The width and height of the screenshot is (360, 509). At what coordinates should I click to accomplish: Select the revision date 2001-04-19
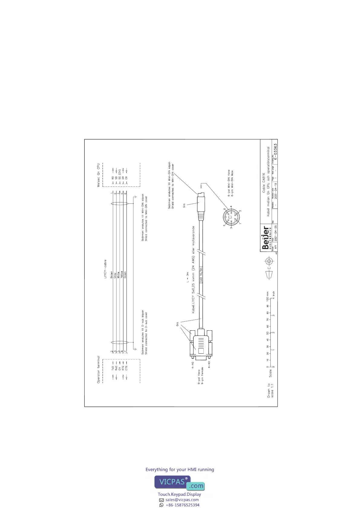click(275, 189)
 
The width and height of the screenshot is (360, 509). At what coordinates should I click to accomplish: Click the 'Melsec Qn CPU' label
click(98, 175)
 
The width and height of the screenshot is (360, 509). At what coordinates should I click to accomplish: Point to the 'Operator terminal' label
click(98, 369)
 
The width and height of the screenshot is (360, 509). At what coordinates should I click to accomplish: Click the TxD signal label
click(113, 368)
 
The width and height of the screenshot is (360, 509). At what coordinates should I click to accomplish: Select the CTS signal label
click(126, 368)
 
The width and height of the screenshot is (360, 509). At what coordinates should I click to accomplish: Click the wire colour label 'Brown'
click(112, 275)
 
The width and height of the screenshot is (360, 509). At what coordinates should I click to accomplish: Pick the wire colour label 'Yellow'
click(122, 275)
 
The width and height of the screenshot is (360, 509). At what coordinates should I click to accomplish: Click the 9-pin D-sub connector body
click(200, 345)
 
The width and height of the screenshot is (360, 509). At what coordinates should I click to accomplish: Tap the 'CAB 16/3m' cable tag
click(201, 274)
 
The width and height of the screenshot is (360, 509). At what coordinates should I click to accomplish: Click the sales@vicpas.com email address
click(182, 500)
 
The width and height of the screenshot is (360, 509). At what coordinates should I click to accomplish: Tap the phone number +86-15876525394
click(182, 505)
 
